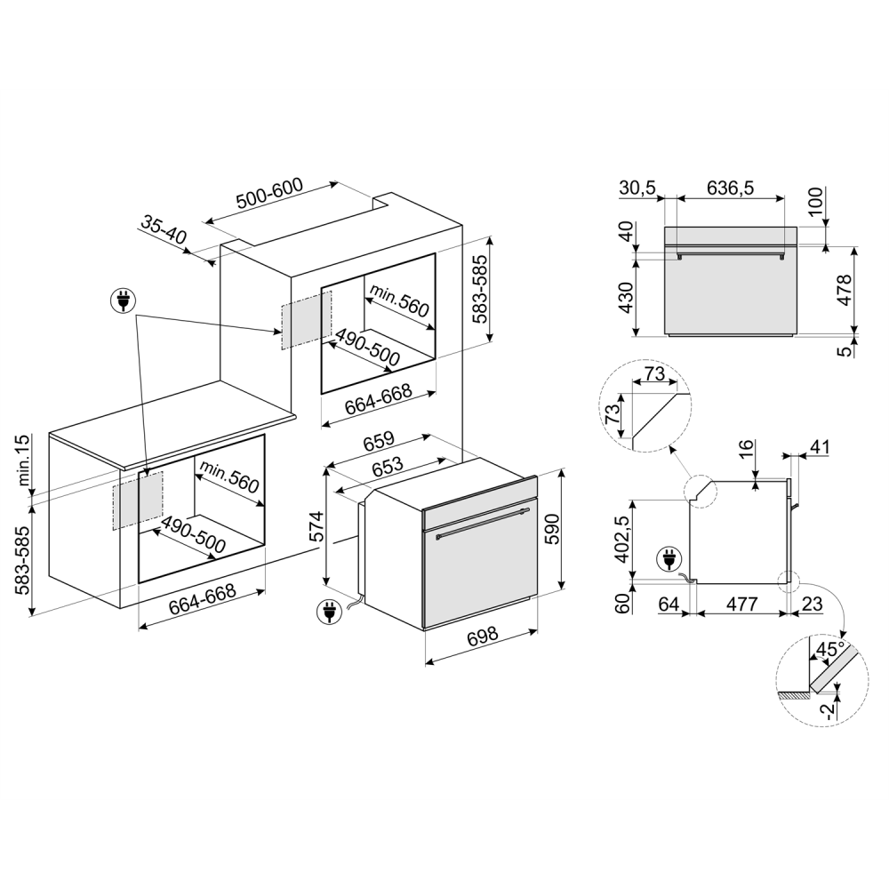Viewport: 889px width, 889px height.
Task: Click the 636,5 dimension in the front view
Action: (x=730, y=188)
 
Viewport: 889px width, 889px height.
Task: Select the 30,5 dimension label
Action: (x=637, y=188)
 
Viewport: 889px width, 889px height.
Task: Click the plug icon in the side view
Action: (x=666, y=559)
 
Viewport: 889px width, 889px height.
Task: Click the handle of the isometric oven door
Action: (x=480, y=525)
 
